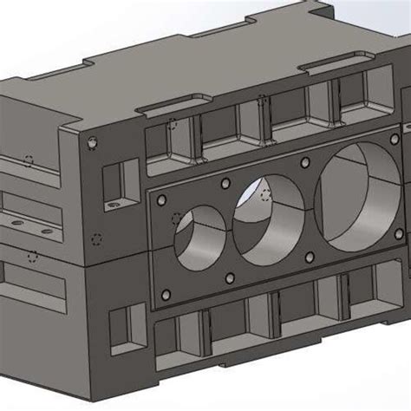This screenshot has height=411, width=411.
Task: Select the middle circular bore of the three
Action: (x=267, y=219)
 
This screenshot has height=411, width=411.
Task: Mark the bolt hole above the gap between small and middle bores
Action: (x=225, y=183)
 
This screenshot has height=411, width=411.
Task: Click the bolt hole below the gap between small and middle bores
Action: (x=230, y=278)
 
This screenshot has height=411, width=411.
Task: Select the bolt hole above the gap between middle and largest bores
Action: (x=304, y=161)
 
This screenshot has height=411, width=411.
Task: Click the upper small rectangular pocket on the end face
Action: (x=115, y=179)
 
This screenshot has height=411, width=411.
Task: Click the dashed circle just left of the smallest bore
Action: (x=177, y=218)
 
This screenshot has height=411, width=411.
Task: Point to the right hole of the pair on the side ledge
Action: (x=40, y=230)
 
